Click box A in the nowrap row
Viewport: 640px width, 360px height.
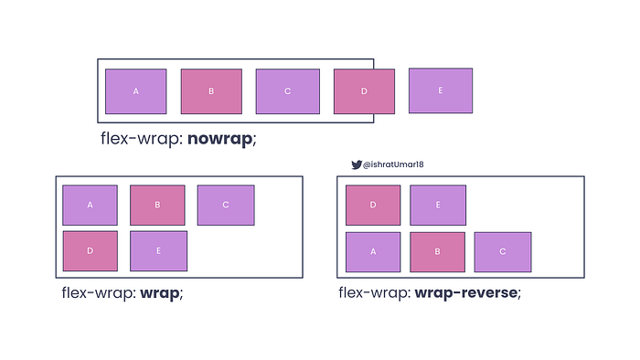(x=135, y=91)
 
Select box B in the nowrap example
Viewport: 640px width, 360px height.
(x=211, y=91)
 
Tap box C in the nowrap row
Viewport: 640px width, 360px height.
(x=286, y=91)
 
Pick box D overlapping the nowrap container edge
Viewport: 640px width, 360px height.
(x=364, y=91)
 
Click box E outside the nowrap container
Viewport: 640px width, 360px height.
(x=441, y=90)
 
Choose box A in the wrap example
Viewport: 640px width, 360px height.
(x=90, y=205)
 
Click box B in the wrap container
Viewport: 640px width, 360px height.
(x=157, y=205)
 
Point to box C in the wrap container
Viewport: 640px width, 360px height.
(x=226, y=205)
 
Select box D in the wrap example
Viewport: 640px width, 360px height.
(x=90, y=251)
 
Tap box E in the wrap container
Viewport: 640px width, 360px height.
(x=158, y=251)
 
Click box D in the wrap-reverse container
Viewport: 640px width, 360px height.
(x=373, y=205)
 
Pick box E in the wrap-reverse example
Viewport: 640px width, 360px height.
(x=438, y=205)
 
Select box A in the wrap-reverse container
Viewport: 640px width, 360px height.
(x=373, y=252)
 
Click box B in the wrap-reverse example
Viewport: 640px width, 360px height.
(x=438, y=252)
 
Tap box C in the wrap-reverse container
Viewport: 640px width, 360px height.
(x=503, y=252)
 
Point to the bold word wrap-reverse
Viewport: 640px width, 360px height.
(x=466, y=293)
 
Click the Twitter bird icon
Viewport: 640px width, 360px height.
(x=357, y=164)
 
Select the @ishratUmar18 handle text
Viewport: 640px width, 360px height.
(x=394, y=164)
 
